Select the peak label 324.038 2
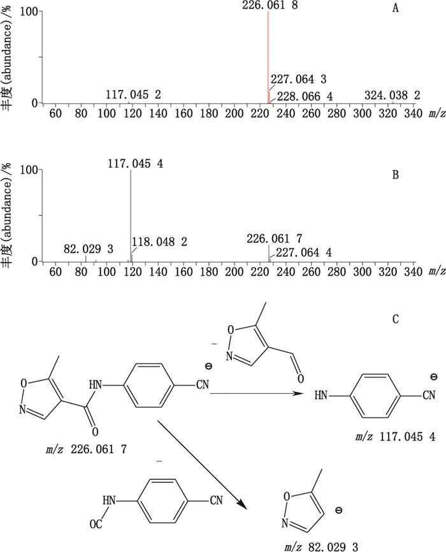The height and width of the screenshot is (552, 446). coord(392,95)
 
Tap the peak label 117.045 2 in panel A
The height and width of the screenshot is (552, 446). coord(133,95)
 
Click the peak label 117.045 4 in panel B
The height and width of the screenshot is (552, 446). coord(135,164)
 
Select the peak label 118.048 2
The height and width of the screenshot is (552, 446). coord(159,243)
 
